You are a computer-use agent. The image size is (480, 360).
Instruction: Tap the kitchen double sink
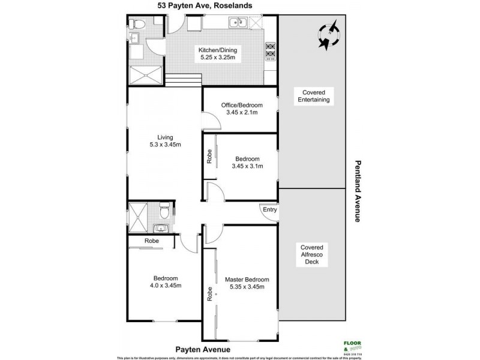238,23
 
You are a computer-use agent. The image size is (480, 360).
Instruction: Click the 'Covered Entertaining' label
311,96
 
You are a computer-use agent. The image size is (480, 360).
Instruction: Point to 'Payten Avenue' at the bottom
202,349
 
